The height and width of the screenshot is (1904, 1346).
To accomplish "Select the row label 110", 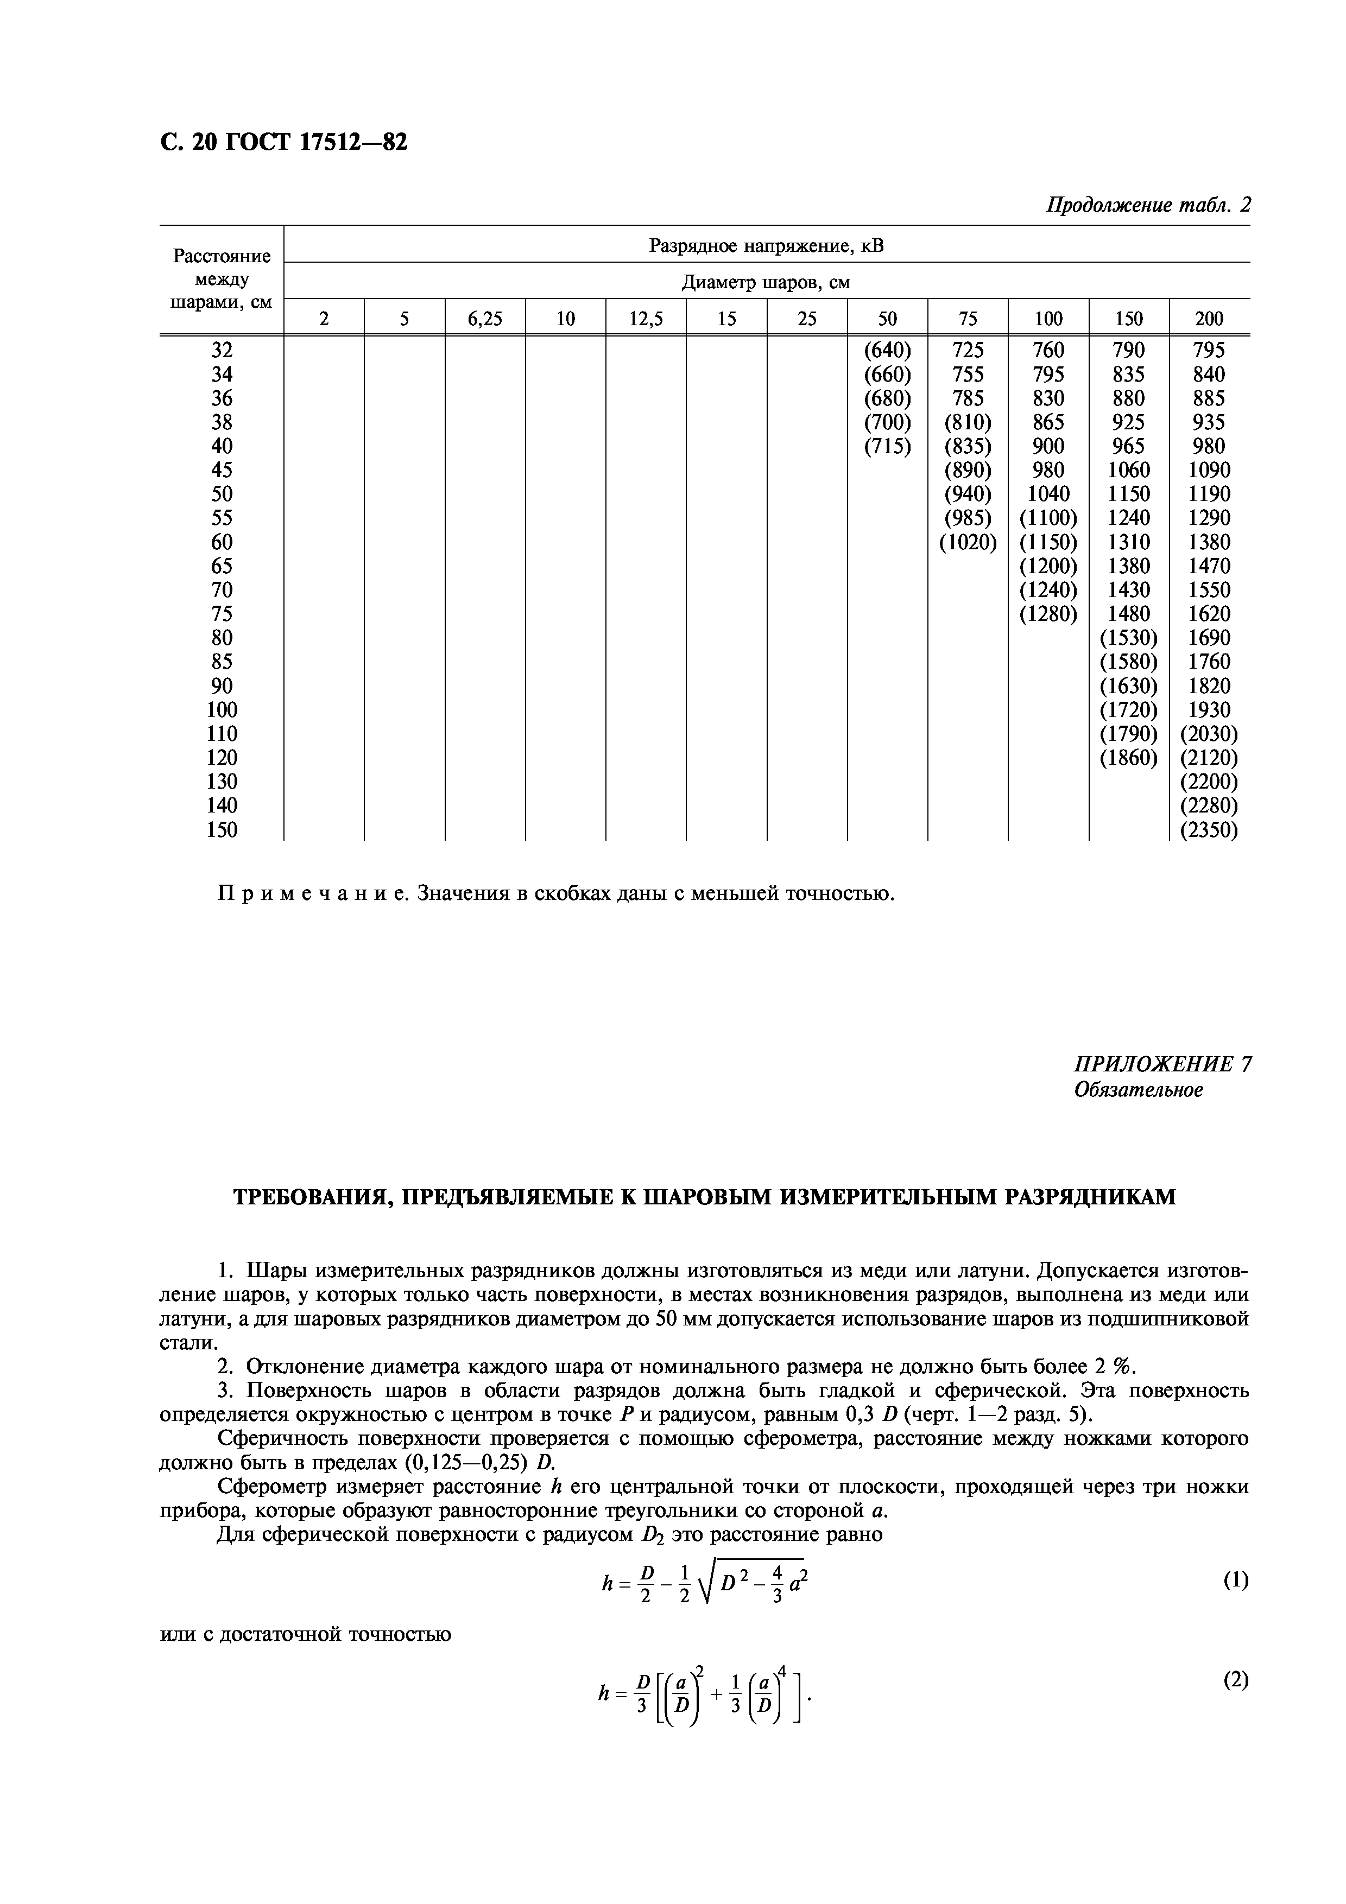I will click(x=222, y=734).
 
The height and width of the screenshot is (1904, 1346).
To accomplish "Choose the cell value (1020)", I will click(x=967, y=542).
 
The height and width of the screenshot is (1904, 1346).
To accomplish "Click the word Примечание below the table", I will click(x=312, y=894).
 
